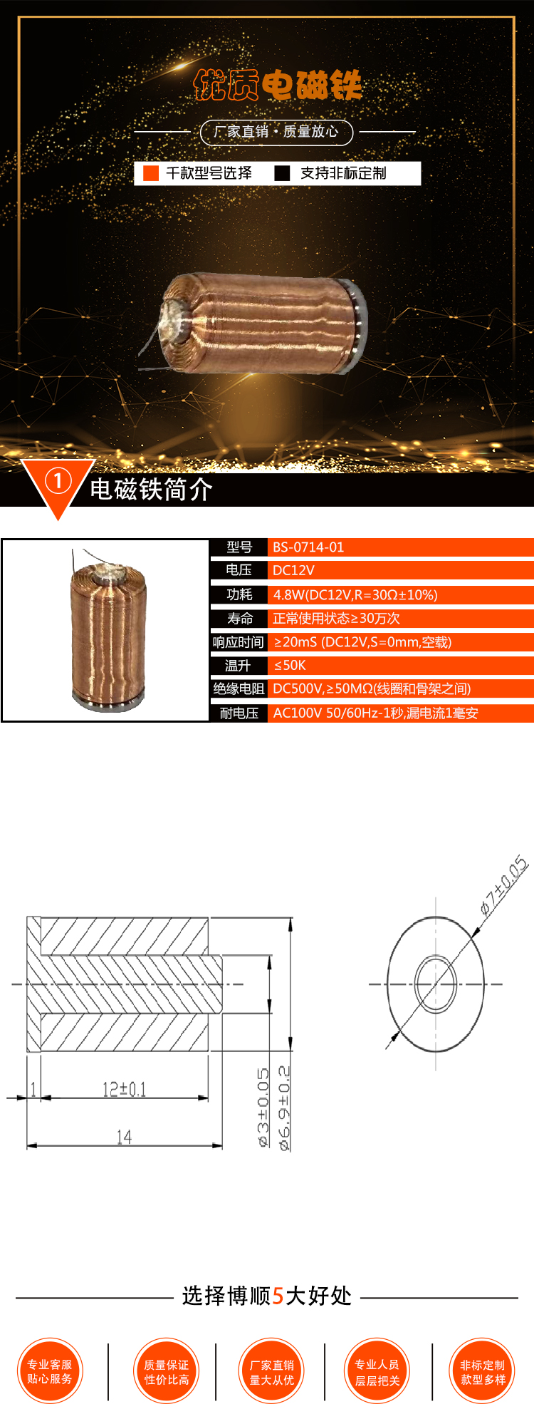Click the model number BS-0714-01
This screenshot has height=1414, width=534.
308,547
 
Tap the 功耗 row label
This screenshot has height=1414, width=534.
239,594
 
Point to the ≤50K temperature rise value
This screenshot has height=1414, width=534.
290,665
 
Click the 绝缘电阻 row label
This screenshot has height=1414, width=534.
239,688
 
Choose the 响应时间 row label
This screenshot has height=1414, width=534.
239,642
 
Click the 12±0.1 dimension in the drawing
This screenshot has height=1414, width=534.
125,1088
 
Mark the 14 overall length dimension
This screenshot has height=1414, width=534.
124,1137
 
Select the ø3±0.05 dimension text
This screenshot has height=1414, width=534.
263,1107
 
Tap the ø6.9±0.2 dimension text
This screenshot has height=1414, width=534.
284,1108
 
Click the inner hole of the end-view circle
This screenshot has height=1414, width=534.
436,984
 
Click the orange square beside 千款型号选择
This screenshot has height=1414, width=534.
151,173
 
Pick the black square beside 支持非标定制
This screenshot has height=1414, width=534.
283,173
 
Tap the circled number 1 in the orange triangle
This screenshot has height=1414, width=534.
58,481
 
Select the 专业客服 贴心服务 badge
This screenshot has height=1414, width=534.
50,1371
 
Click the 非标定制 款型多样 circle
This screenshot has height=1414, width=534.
483,1371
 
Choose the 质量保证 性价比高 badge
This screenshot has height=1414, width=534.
167,1371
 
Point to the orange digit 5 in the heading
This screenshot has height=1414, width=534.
278,1295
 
